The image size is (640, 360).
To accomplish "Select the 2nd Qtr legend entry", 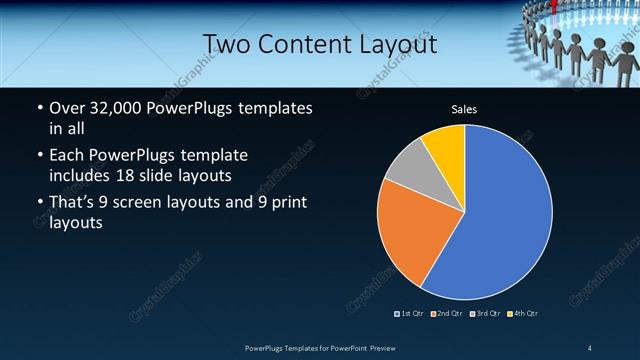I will (448, 314).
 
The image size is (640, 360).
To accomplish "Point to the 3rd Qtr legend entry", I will (485, 314).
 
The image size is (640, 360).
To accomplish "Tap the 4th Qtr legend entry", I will (522, 314).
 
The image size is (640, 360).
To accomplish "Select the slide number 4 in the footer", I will (590, 347).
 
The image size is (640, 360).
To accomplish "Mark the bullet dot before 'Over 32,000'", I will (38, 108).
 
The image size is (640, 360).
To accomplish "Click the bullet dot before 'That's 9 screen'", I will (38, 205).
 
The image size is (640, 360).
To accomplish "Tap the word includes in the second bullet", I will (81, 175).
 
